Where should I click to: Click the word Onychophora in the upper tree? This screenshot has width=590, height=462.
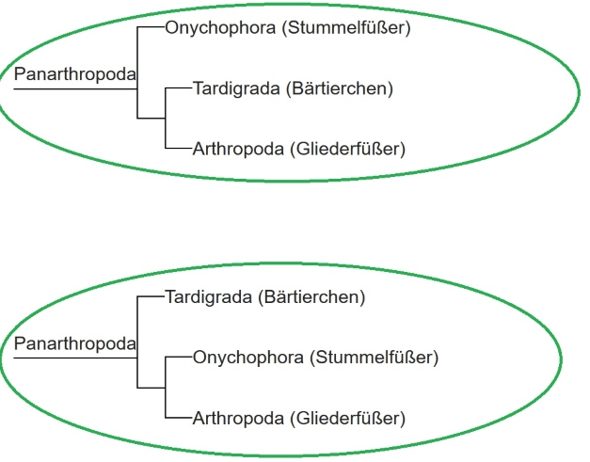218,27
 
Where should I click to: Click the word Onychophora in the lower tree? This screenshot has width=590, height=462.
247,358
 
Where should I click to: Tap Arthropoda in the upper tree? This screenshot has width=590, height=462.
238,148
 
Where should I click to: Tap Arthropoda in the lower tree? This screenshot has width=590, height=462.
238,417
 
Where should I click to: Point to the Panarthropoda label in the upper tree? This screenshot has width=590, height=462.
74,73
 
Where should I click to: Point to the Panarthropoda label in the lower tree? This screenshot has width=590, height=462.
74,343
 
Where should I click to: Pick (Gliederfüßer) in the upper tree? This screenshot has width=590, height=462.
347,148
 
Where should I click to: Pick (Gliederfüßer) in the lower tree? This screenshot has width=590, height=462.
347,417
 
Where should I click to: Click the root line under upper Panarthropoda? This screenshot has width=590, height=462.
75,88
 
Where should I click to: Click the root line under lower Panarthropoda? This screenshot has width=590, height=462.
75,358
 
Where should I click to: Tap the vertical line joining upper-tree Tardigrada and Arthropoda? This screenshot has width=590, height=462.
165,119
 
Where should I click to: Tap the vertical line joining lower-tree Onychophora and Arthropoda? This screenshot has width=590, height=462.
165,388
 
